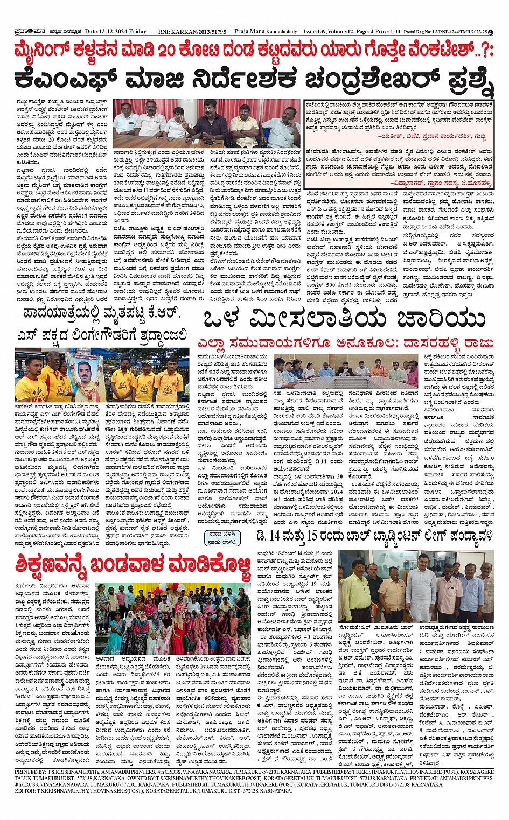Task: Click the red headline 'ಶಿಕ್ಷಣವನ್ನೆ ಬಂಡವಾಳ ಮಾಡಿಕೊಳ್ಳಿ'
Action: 133,566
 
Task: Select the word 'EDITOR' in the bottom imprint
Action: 25,790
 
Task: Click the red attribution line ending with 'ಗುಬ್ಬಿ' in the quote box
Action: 430,137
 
